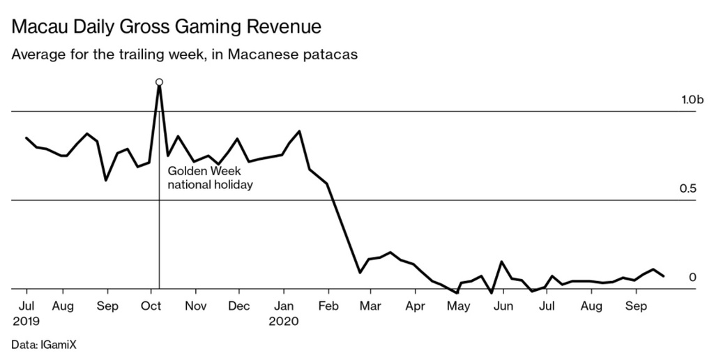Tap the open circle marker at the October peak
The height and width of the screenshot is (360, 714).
point(160,82)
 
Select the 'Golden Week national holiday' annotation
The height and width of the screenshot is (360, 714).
point(210,178)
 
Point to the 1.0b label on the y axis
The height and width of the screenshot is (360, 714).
point(692,100)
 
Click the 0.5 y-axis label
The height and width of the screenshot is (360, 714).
point(688,189)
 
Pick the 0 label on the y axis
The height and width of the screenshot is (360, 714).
point(692,278)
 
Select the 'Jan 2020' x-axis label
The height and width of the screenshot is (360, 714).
point(284,313)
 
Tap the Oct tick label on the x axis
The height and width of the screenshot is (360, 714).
point(152,306)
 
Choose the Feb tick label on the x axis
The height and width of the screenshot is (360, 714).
point(328,306)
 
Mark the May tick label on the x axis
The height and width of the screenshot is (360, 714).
point(458,306)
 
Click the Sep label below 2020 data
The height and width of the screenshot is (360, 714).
point(635,306)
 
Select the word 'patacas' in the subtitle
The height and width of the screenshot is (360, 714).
point(333,55)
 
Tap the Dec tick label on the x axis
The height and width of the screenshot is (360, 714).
point(239,306)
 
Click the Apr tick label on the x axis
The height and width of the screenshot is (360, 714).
point(415,306)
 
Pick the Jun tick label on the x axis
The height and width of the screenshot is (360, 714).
point(503,306)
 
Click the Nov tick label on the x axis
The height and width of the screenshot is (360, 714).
point(196,306)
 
